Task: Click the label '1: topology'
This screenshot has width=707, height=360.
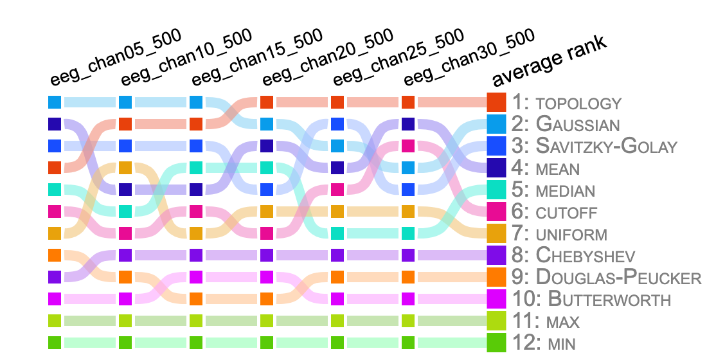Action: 567,103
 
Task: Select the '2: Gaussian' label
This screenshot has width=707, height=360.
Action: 566,124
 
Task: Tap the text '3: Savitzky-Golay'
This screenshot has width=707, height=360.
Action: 595,146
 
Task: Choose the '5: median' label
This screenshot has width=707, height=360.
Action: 553,190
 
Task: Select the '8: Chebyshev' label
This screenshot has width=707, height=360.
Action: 573,255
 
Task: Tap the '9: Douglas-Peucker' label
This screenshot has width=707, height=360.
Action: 607,277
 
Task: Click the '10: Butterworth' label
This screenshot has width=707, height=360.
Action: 591,299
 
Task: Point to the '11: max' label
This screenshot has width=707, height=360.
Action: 546,321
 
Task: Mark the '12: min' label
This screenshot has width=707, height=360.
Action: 544,343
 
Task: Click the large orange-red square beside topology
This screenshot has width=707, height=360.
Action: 496,102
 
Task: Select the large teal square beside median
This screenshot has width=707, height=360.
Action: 496,190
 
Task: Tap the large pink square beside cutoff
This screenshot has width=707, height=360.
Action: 496,212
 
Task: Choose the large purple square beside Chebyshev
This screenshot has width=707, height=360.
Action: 496,255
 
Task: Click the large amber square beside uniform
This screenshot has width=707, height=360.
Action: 496,233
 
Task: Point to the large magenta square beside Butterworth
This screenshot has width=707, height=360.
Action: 496,299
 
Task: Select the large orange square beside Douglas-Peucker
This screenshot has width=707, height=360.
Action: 496,277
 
